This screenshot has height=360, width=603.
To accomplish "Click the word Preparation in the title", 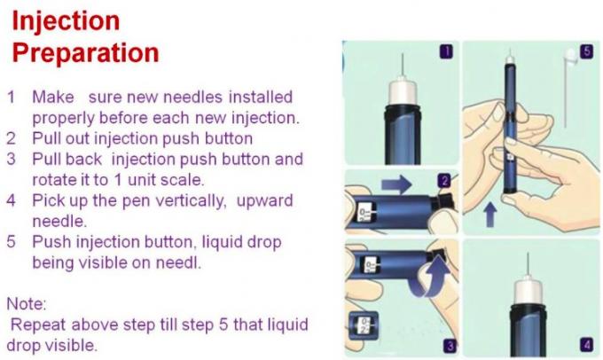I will click(x=86, y=52).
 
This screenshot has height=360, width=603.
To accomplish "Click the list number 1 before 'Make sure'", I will click(x=12, y=96).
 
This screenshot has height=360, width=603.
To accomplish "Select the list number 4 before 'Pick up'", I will click(x=12, y=201).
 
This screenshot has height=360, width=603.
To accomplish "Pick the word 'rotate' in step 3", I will click(x=55, y=181).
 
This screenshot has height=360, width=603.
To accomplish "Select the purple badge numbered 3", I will click(x=450, y=345).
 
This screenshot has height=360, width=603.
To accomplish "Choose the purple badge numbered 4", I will click(x=584, y=344).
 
